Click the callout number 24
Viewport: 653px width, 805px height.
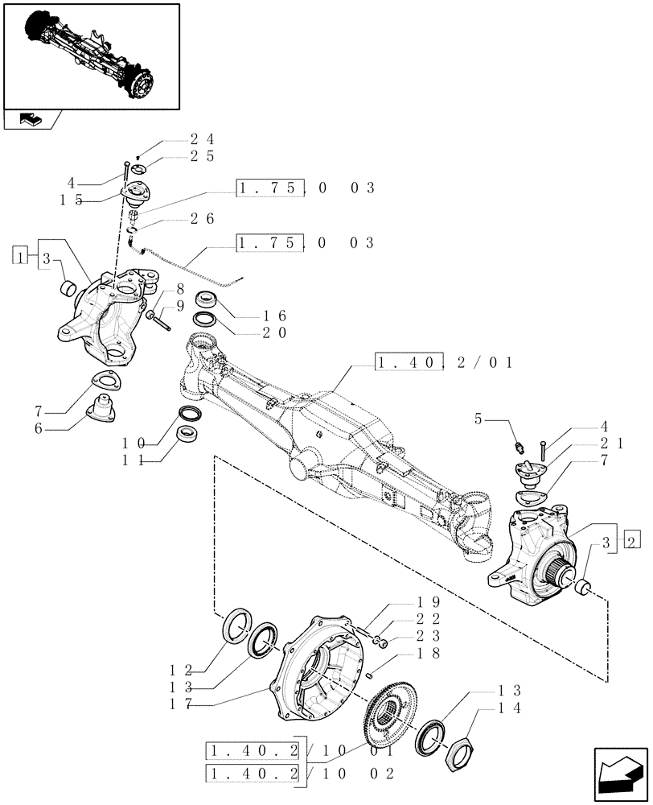(202, 138)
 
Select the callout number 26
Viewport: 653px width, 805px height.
(202, 218)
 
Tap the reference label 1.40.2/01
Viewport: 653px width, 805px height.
(445, 363)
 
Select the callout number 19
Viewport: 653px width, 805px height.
(427, 602)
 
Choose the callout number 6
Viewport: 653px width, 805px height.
(50, 429)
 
